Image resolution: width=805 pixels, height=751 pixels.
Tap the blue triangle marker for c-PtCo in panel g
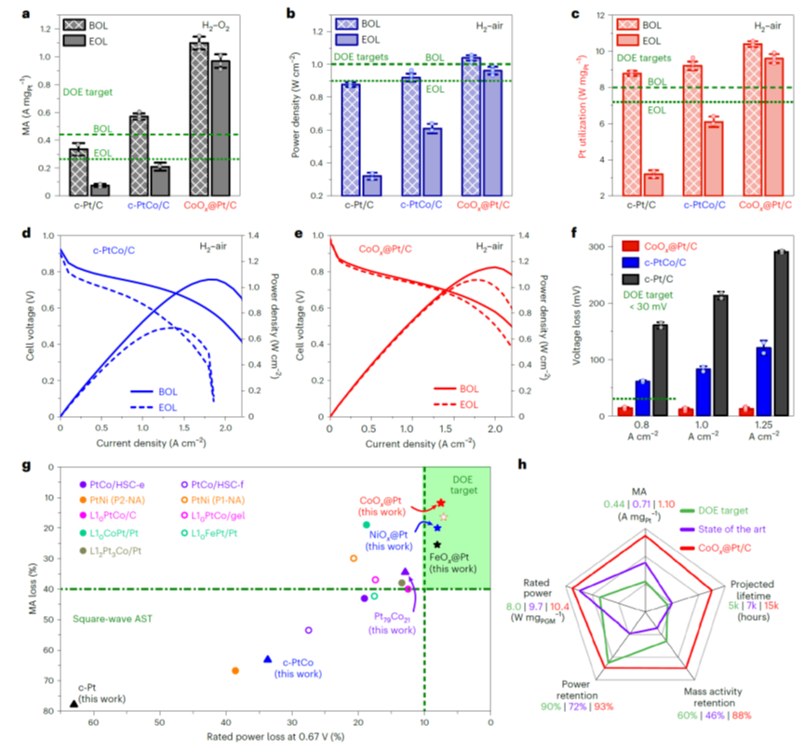click(268, 659)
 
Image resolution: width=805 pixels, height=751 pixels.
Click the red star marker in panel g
click(440, 503)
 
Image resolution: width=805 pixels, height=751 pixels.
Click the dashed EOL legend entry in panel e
click(455, 394)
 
